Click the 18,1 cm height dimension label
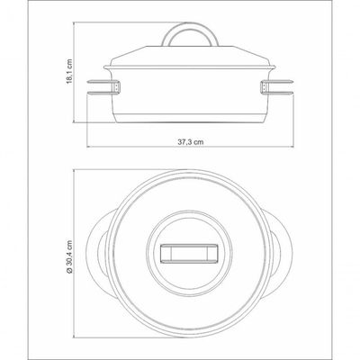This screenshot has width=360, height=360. [69, 71]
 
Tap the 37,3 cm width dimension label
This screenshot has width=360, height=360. [190, 142]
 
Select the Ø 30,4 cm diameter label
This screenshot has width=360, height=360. [69, 256]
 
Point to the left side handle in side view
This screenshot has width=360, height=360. [103, 88]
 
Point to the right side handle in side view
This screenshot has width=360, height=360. [276, 88]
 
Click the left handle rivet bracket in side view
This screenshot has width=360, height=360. [117, 87]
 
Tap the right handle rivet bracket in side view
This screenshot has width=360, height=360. [264, 87]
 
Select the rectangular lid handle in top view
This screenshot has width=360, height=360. [190, 254]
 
